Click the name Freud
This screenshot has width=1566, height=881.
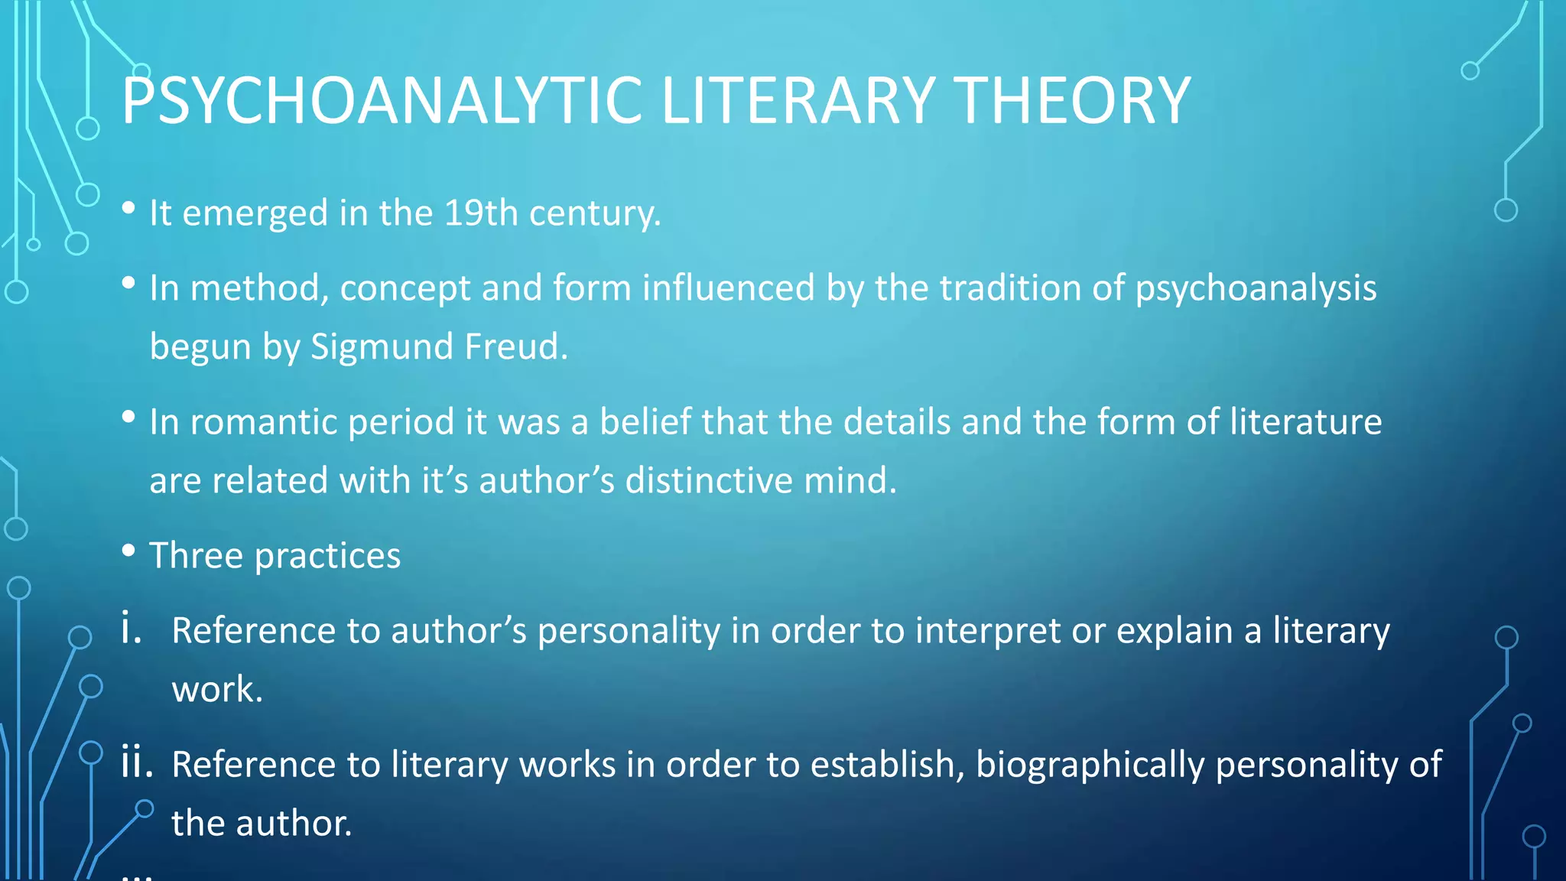pyautogui.click(x=515, y=346)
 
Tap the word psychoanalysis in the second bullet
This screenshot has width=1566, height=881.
pyautogui.click(x=1256, y=288)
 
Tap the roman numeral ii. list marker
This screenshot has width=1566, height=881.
pyautogui.click(x=137, y=763)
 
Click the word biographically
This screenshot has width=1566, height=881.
pyautogui.click(x=1090, y=764)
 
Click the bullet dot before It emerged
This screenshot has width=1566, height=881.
pyautogui.click(x=128, y=208)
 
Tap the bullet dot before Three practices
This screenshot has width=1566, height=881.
pyautogui.click(x=128, y=551)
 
